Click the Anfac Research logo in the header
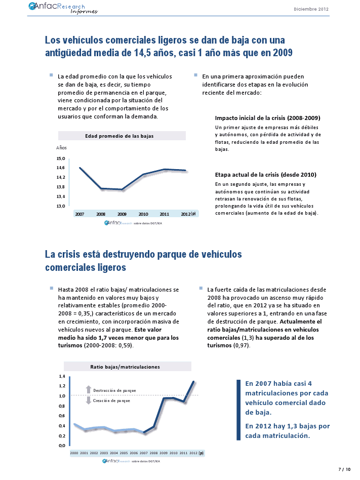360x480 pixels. (63, 8)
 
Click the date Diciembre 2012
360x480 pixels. (311, 9)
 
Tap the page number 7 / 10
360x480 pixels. (344, 469)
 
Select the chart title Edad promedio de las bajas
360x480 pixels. (119, 136)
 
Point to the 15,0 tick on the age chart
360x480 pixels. (61, 158)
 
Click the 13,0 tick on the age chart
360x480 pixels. (61, 206)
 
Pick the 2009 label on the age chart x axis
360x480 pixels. (122, 214)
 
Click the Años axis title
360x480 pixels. (61, 147)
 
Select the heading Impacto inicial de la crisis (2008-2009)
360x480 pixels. (267, 118)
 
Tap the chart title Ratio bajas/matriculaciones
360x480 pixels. (125, 367)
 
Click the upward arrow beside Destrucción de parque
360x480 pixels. (89, 390)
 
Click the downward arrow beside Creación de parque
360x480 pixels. (89, 401)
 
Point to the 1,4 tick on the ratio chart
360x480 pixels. (62, 376)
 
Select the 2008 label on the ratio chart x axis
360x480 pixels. (154, 453)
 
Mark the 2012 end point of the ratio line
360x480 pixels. (193, 381)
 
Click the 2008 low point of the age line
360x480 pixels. (101, 188)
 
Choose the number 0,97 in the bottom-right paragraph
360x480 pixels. (242, 345)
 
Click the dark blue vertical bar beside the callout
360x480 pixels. (238, 410)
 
